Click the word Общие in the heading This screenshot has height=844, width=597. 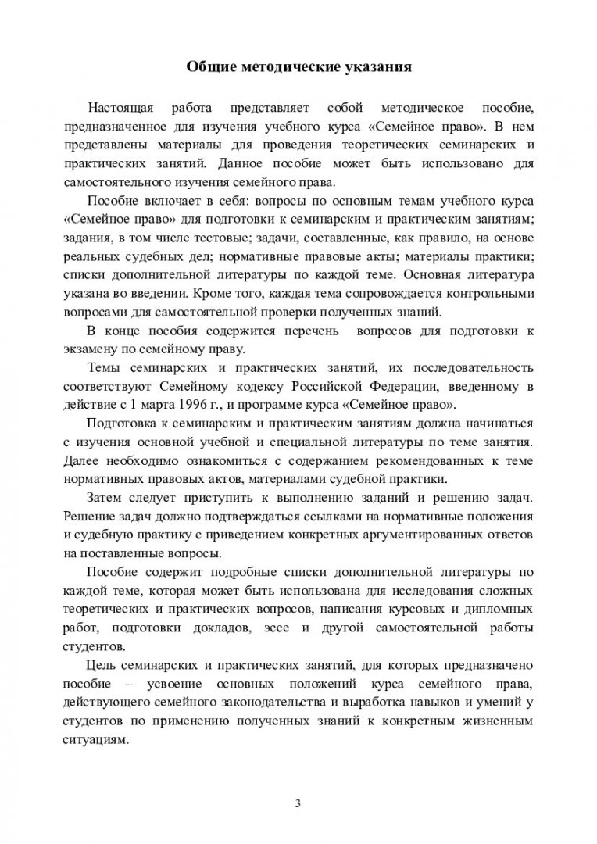coord(206,66)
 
